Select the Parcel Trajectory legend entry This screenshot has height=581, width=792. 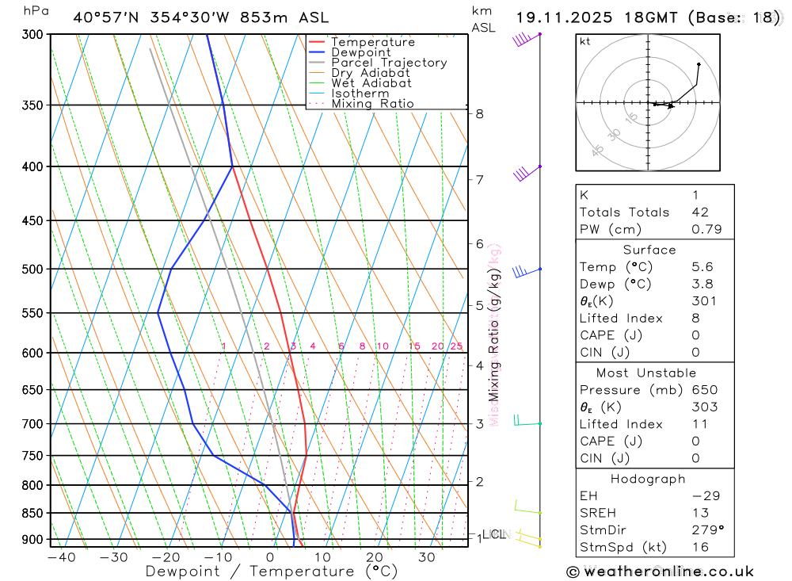[388, 63]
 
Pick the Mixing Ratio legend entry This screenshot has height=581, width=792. [372, 104]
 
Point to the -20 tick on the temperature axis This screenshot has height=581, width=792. [166, 557]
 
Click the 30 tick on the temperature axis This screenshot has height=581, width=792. [426, 557]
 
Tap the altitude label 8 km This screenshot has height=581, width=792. [480, 114]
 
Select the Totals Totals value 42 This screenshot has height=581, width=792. [700, 212]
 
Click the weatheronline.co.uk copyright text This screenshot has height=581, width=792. [661, 571]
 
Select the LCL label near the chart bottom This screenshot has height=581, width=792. [493, 534]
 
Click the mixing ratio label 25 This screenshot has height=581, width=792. [456, 346]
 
